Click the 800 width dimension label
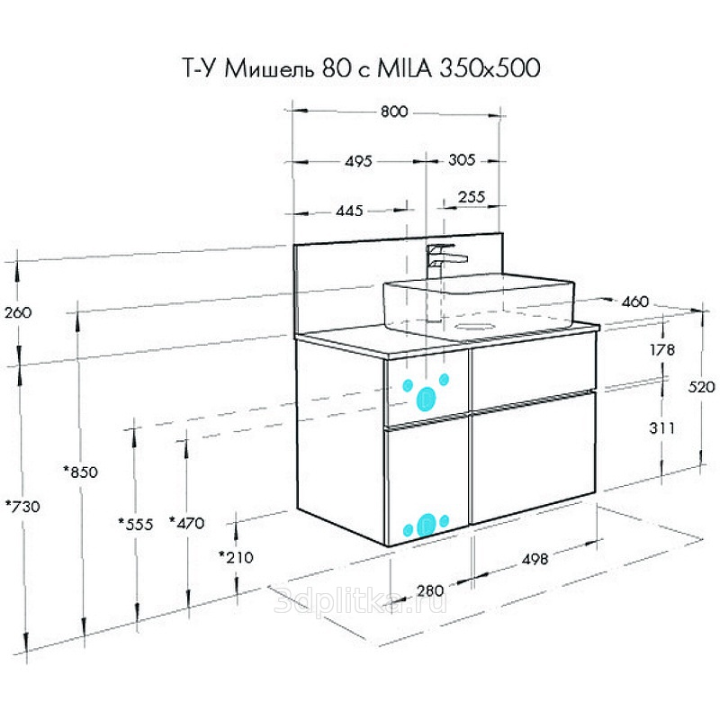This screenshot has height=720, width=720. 394,112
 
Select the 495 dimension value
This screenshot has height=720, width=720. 358,161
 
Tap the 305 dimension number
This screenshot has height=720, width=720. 462,160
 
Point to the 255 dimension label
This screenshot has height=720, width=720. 471,197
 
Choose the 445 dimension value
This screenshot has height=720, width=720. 349,211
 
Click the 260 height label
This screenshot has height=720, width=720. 18,312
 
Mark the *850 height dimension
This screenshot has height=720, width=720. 81,472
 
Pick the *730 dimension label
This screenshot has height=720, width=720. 22,507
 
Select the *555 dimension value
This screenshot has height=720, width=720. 136,524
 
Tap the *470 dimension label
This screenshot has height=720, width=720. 187,523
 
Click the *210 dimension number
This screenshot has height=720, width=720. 236,557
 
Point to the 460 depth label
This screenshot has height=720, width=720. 635,301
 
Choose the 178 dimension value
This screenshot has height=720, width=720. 662,350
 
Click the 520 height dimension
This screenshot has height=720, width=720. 701,387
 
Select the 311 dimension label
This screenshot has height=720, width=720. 662,428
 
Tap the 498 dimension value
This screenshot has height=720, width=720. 535,559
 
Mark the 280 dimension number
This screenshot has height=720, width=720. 430,590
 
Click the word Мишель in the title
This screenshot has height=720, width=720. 269,69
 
